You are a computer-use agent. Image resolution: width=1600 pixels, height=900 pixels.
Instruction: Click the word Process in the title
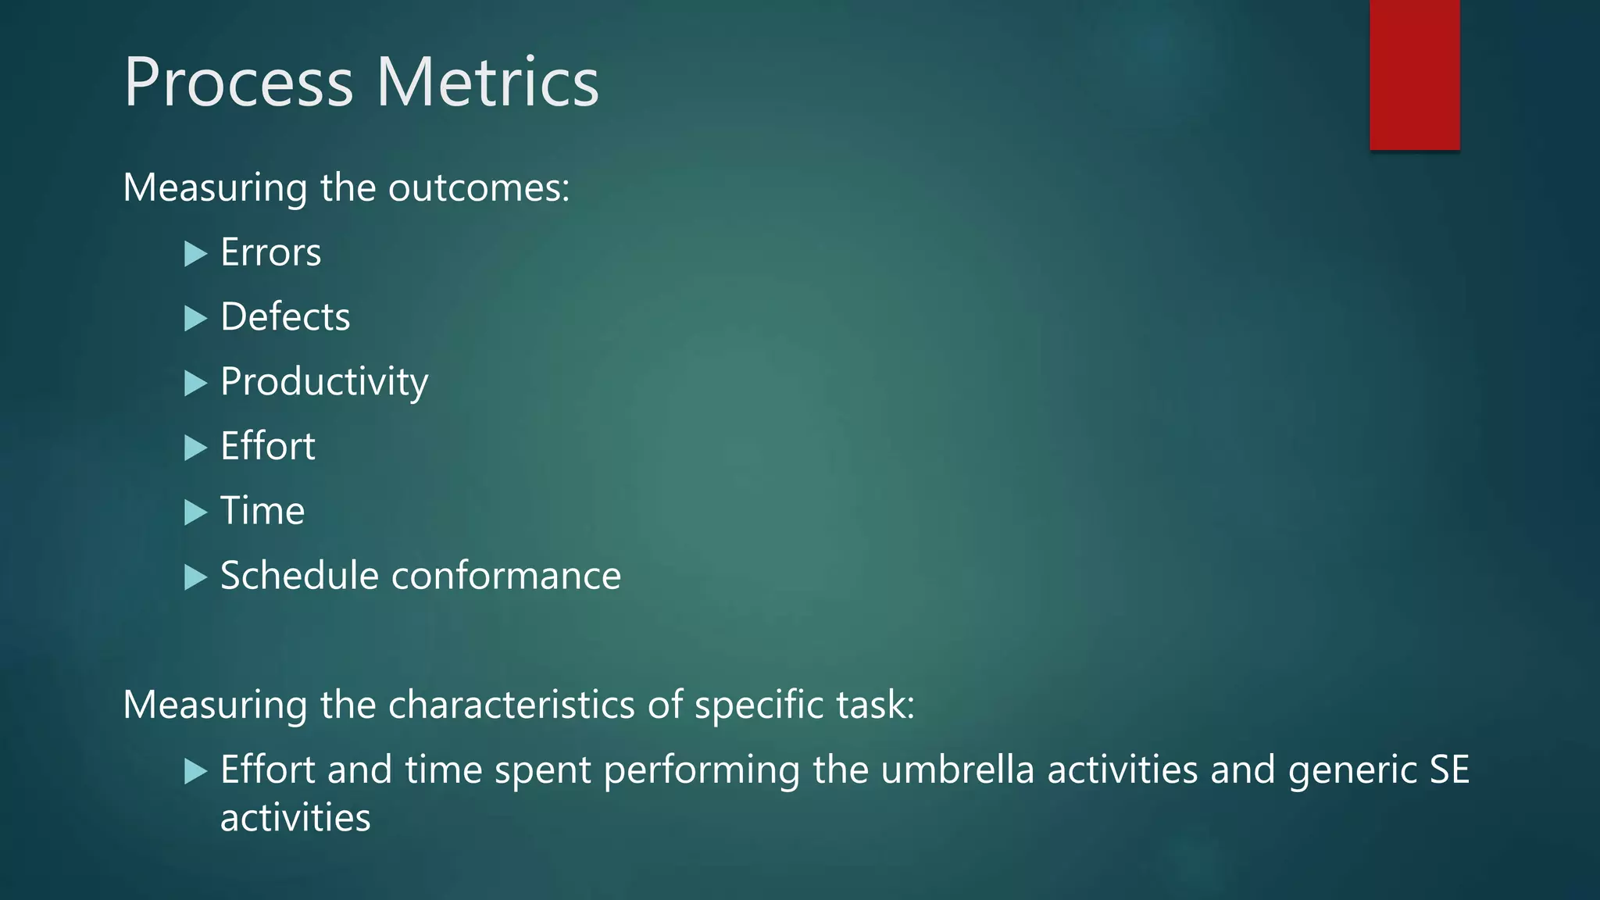point(238,83)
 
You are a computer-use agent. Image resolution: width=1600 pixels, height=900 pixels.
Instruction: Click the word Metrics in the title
point(487,83)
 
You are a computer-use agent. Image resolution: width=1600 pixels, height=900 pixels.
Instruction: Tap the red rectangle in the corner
point(1414,74)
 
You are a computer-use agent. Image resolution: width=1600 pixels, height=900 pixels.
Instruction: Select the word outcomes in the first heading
point(478,188)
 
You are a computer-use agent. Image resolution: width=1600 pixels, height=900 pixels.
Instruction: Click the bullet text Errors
point(270,252)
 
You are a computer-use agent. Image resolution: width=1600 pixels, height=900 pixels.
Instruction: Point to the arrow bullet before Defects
point(195,318)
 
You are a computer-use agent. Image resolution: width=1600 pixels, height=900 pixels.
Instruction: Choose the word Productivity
point(323,382)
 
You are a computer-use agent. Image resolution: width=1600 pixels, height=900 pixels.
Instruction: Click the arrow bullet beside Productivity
point(195,383)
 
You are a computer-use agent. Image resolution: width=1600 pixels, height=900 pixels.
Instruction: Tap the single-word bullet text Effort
point(267,446)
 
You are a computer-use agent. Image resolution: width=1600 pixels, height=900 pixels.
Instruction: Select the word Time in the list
point(262,511)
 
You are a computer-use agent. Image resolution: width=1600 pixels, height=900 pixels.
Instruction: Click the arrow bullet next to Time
point(195,512)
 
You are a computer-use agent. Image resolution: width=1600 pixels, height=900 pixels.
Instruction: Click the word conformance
point(505,576)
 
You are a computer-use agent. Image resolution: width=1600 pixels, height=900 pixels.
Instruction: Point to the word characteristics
point(511,705)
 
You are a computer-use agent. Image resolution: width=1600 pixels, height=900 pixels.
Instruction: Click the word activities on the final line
point(295,818)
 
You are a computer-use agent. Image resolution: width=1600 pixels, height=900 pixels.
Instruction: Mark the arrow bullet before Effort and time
point(195,771)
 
